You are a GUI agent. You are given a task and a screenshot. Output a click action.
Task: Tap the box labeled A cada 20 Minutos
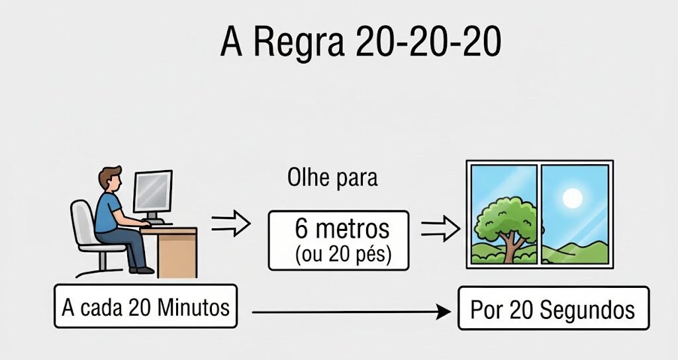click(x=145, y=307)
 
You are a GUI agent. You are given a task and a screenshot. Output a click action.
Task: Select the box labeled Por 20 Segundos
click(x=553, y=308)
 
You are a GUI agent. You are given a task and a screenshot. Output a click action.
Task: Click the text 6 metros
click(x=342, y=229)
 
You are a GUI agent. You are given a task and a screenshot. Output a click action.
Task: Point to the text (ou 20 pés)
click(x=342, y=254)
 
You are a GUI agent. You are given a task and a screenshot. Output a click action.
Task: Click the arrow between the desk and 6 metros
click(x=231, y=225)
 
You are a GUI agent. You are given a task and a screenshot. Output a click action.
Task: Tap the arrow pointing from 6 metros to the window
click(x=440, y=229)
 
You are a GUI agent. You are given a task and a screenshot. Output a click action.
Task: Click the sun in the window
click(x=571, y=197)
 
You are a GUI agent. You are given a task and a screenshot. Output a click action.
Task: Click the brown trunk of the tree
click(x=510, y=247)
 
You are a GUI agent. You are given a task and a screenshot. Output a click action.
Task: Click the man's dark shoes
click(x=142, y=269)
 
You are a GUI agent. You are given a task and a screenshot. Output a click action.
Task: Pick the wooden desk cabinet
click(x=177, y=253)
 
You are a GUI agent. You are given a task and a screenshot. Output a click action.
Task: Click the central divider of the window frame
click(x=539, y=213)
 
